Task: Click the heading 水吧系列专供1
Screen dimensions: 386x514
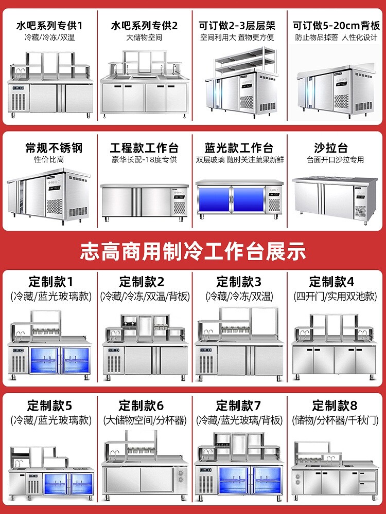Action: pyautogui.click(x=50, y=25)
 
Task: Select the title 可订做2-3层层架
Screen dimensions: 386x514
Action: pyautogui.click(x=237, y=25)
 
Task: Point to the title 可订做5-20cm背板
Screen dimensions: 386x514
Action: pyautogui.click(x=336, y=25)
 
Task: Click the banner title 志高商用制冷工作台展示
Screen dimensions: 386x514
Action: pyautogui.click(x=193, y=251)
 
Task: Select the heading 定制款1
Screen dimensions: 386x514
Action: pyautogui.click(x=50, y=282)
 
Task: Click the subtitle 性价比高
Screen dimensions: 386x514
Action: pyautogui.click(x=48, y=160)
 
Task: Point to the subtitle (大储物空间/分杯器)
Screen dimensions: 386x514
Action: pyautogui.click(x=145, y=420)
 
